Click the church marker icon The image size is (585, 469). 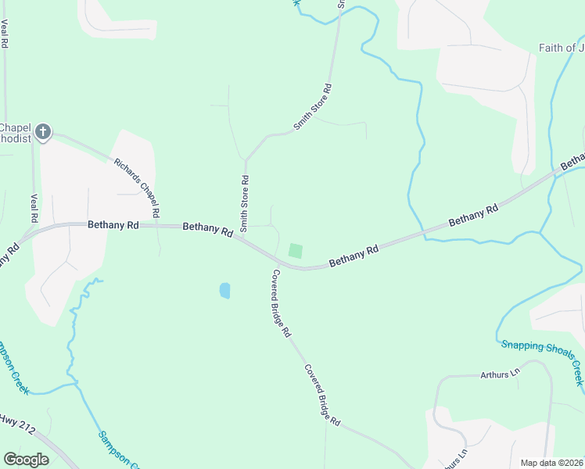pyautogui.click(x=43, y=132)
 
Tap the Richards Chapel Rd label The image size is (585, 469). pyautogui.click(x=138, y=188)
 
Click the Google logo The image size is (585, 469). pyautogui.click(x=26, y=460)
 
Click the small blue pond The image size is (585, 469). pyautogui.click(x=225, y=290)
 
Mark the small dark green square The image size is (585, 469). pyautogui.click(x=295, y=250)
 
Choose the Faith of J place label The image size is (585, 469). pyautogui.click(x=561, y=48)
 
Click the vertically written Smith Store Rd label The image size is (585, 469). pyautogui.click(x=245, y=203)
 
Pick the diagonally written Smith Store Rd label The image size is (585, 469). pyautogui.click(x=313, y=107)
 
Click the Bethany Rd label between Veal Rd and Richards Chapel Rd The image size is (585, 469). pyautogui.click(x=113, y=224)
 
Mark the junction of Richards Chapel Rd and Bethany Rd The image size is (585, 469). pyautogui.click(x=159, y=226)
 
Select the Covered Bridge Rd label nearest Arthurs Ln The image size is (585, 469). pyautogui.click(x=323, y=395)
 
